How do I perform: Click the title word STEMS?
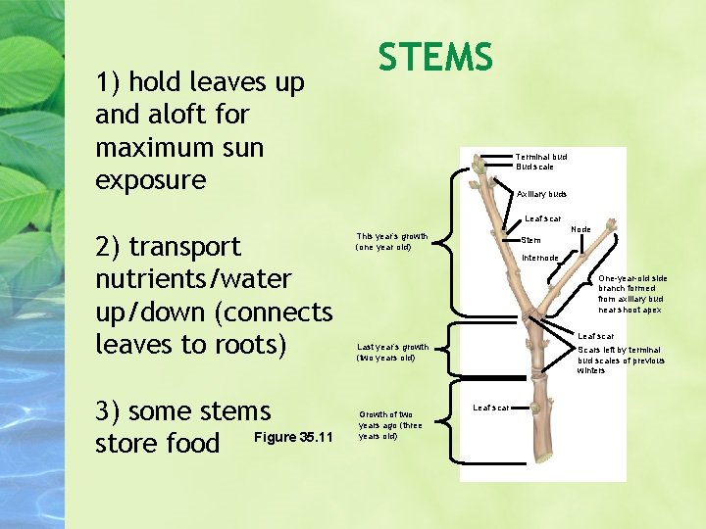435,57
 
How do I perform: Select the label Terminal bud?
541,157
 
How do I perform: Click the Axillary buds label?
541,194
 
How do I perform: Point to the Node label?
580,229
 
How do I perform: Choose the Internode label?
540,258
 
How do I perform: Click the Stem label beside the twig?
530,240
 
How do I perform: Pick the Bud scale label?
535,168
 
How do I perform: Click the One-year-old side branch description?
631,293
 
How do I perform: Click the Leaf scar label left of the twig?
490,407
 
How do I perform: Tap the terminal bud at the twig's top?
479,168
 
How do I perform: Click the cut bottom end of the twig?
544,458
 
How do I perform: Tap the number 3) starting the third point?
108,409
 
